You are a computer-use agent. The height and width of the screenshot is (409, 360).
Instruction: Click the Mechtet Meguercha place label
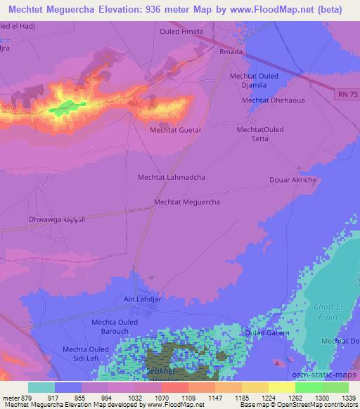click(187, 202)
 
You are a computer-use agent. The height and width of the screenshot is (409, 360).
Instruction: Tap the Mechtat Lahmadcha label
click(172, 178)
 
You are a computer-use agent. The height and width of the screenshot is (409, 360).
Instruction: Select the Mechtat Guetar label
click(176, 130)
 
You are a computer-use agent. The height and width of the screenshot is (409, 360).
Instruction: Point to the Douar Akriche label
click(293, 180)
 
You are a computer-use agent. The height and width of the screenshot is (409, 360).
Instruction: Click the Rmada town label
click(231, 51)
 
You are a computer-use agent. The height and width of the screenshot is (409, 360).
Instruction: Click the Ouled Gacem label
click(267, 332)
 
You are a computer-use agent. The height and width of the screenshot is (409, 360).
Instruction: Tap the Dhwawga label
click(57, 220)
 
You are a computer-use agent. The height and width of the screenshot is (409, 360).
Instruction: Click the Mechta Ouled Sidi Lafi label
click(86, 353)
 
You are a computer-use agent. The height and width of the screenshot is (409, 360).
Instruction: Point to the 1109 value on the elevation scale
click(188, 398)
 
